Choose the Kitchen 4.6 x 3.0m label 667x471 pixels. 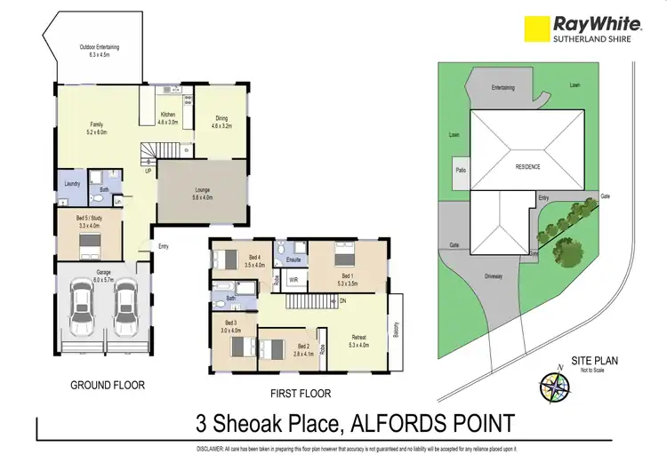167,119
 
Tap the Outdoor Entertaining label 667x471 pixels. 100,51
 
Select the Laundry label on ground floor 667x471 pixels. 73,184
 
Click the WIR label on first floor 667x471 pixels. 293,280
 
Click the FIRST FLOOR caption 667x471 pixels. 300,392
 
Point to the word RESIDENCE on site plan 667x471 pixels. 527,166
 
